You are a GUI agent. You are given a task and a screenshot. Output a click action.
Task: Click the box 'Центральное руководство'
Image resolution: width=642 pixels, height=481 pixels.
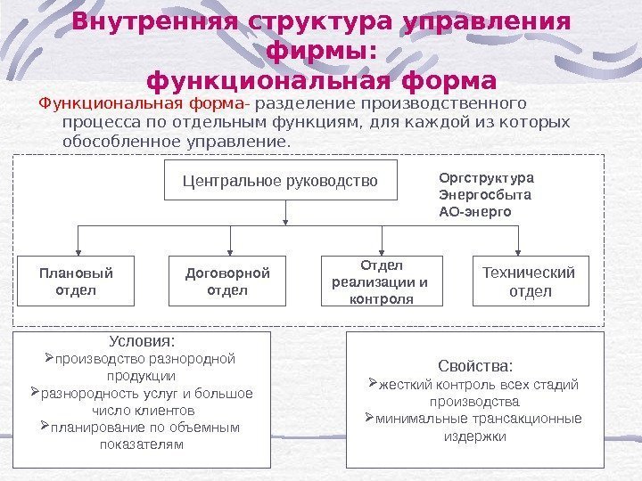pyautogui.click(x=280, y=182)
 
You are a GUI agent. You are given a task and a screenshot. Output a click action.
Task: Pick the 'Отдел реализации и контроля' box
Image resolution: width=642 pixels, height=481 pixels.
pyautogui.click(x=381, y=281)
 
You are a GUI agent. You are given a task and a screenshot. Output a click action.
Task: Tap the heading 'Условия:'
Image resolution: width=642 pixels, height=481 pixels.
pyautogui.click(x=142, y=341)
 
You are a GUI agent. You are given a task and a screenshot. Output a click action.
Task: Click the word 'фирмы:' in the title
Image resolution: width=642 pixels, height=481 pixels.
pyautogui.click(x=322, y=52)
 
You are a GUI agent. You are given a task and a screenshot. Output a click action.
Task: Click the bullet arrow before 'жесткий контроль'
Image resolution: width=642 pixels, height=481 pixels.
pyautogui.click(x=374, y=385)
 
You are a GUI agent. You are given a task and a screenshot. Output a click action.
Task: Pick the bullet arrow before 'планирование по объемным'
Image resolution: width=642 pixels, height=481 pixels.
pyautogui.click(x=49, y=428)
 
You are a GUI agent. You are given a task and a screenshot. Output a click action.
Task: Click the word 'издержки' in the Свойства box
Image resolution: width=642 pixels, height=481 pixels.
pyautogui.click(x=474, y=436)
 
